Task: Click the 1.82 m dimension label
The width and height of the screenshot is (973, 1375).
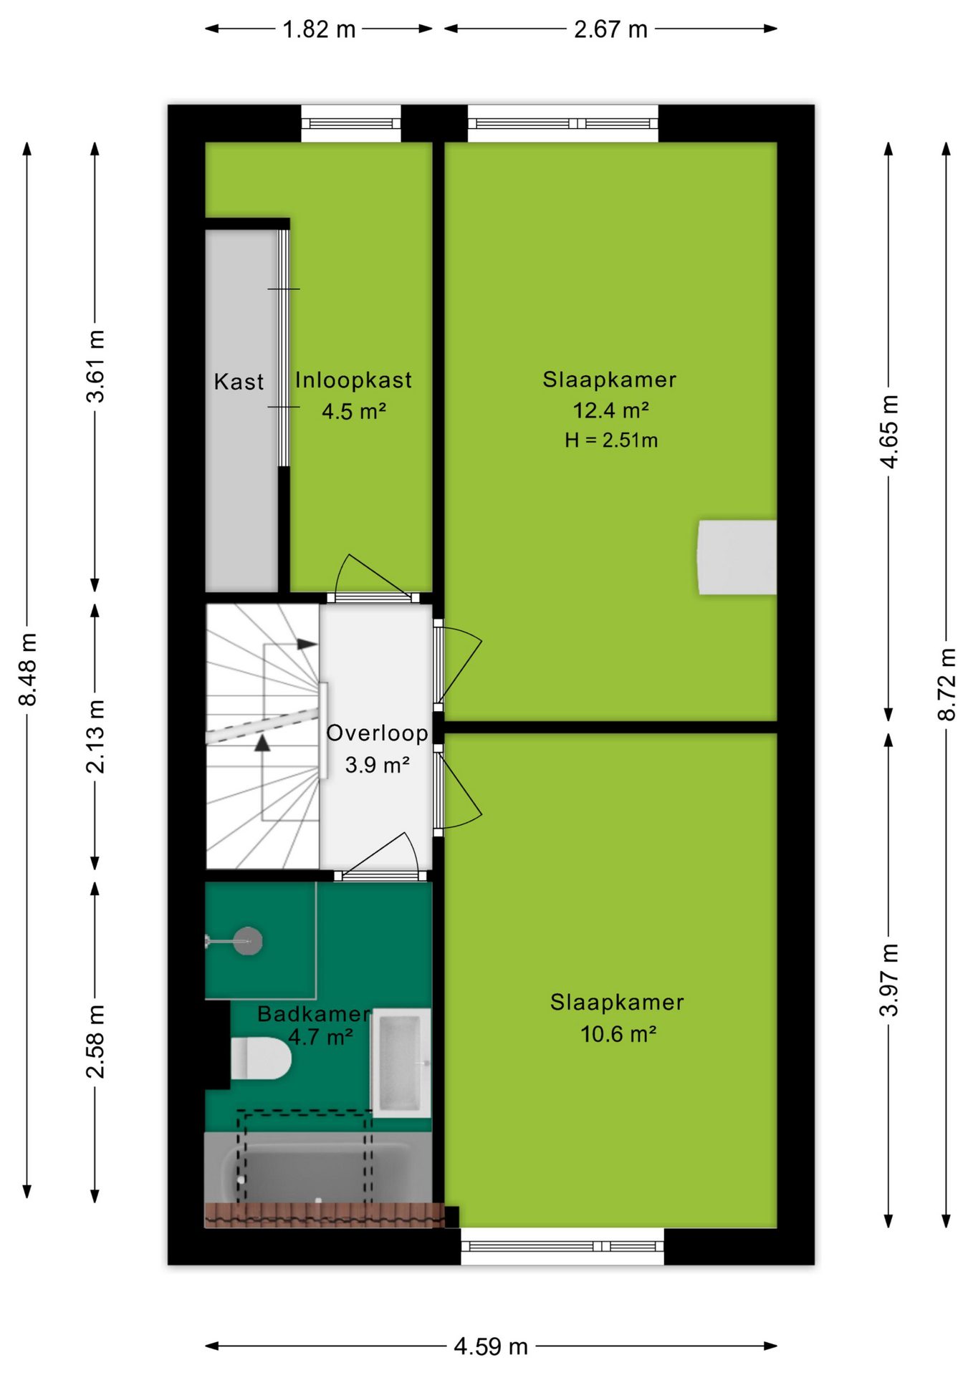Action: pyautogui.click(x=319, y=29)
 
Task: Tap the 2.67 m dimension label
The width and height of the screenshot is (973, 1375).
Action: pyautogui.click(x=610, y=29)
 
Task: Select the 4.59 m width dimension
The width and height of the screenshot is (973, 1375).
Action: pyautogui.click(x=491, y=1346)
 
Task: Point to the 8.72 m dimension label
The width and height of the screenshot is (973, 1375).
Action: pyautogui.click(x=946, y=684)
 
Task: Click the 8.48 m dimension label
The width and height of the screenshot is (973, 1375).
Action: pyautogui.click(x=28, y=669)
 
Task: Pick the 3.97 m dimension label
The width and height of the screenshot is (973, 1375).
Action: pyautogui.click(x=888, y=980)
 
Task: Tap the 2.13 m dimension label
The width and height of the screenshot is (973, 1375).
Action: pyautogui.click(x=95, y=737)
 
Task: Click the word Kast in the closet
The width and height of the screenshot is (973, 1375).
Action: pyautogui.click(x=239, y=382)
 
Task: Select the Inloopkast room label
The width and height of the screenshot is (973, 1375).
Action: pyautogui.click(x=353, y=380)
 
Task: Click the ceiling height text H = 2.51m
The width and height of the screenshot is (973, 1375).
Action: pyautogui.click(x=611, y=440)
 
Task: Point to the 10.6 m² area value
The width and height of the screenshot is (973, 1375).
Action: pyautogui.click(x=618, y=1034)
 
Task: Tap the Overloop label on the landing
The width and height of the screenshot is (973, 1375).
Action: pyautogui.click(x=377, y=733)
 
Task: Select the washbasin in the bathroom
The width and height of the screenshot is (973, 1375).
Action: pyautogui.click(x=401, y=1063)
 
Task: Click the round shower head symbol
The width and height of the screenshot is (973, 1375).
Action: pyautogui.click(x=247, y=941)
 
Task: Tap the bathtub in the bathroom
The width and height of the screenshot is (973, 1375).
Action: pyautogui.click(x=318, y=1167)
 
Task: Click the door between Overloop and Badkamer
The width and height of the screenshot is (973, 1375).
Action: pyautogui.click(x=380, y=857)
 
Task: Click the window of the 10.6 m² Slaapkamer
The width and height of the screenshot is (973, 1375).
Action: pyautogui.click(x=562, y=1246)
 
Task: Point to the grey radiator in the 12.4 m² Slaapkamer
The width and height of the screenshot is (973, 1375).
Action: pyautogui.click(x=737, y=557)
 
